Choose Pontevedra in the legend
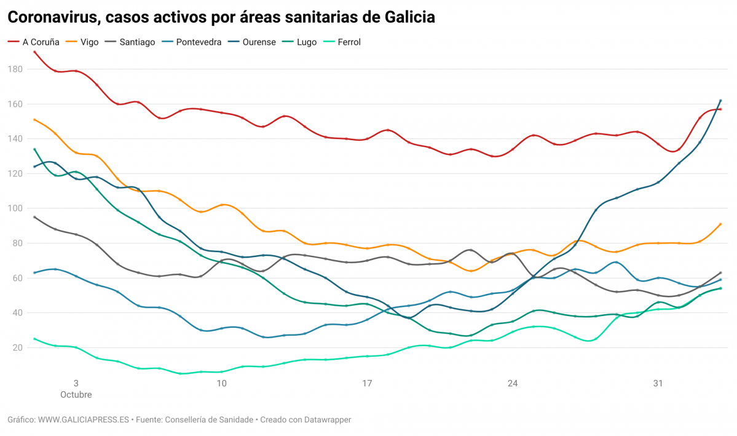point(199,42)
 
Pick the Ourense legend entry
point(259,42)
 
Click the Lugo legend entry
point(307,42)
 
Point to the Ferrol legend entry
point(349,42)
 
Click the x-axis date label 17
point(367,384)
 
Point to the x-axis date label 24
point(513,384)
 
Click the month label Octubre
point(76,395)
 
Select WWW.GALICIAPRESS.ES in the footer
point(84,419)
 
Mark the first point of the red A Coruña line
point(34,52)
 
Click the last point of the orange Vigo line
point(720,224)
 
